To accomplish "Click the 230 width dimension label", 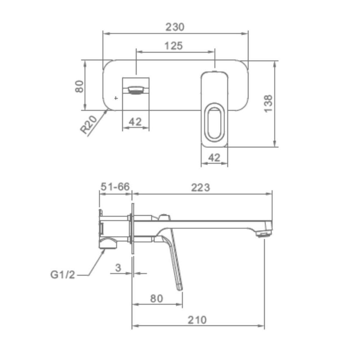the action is pos(175,27).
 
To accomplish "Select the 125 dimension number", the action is pos(174,46).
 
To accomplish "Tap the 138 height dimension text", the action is pos(268,104).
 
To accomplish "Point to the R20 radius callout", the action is pos(89,125).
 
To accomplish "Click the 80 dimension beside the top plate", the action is pos(80,86).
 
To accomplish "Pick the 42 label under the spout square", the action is pos(135,122).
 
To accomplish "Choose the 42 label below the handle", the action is pos(214,158).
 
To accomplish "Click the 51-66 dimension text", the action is pos(115,186).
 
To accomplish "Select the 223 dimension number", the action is pos(201,188).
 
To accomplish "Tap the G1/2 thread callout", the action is pos(63,275).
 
